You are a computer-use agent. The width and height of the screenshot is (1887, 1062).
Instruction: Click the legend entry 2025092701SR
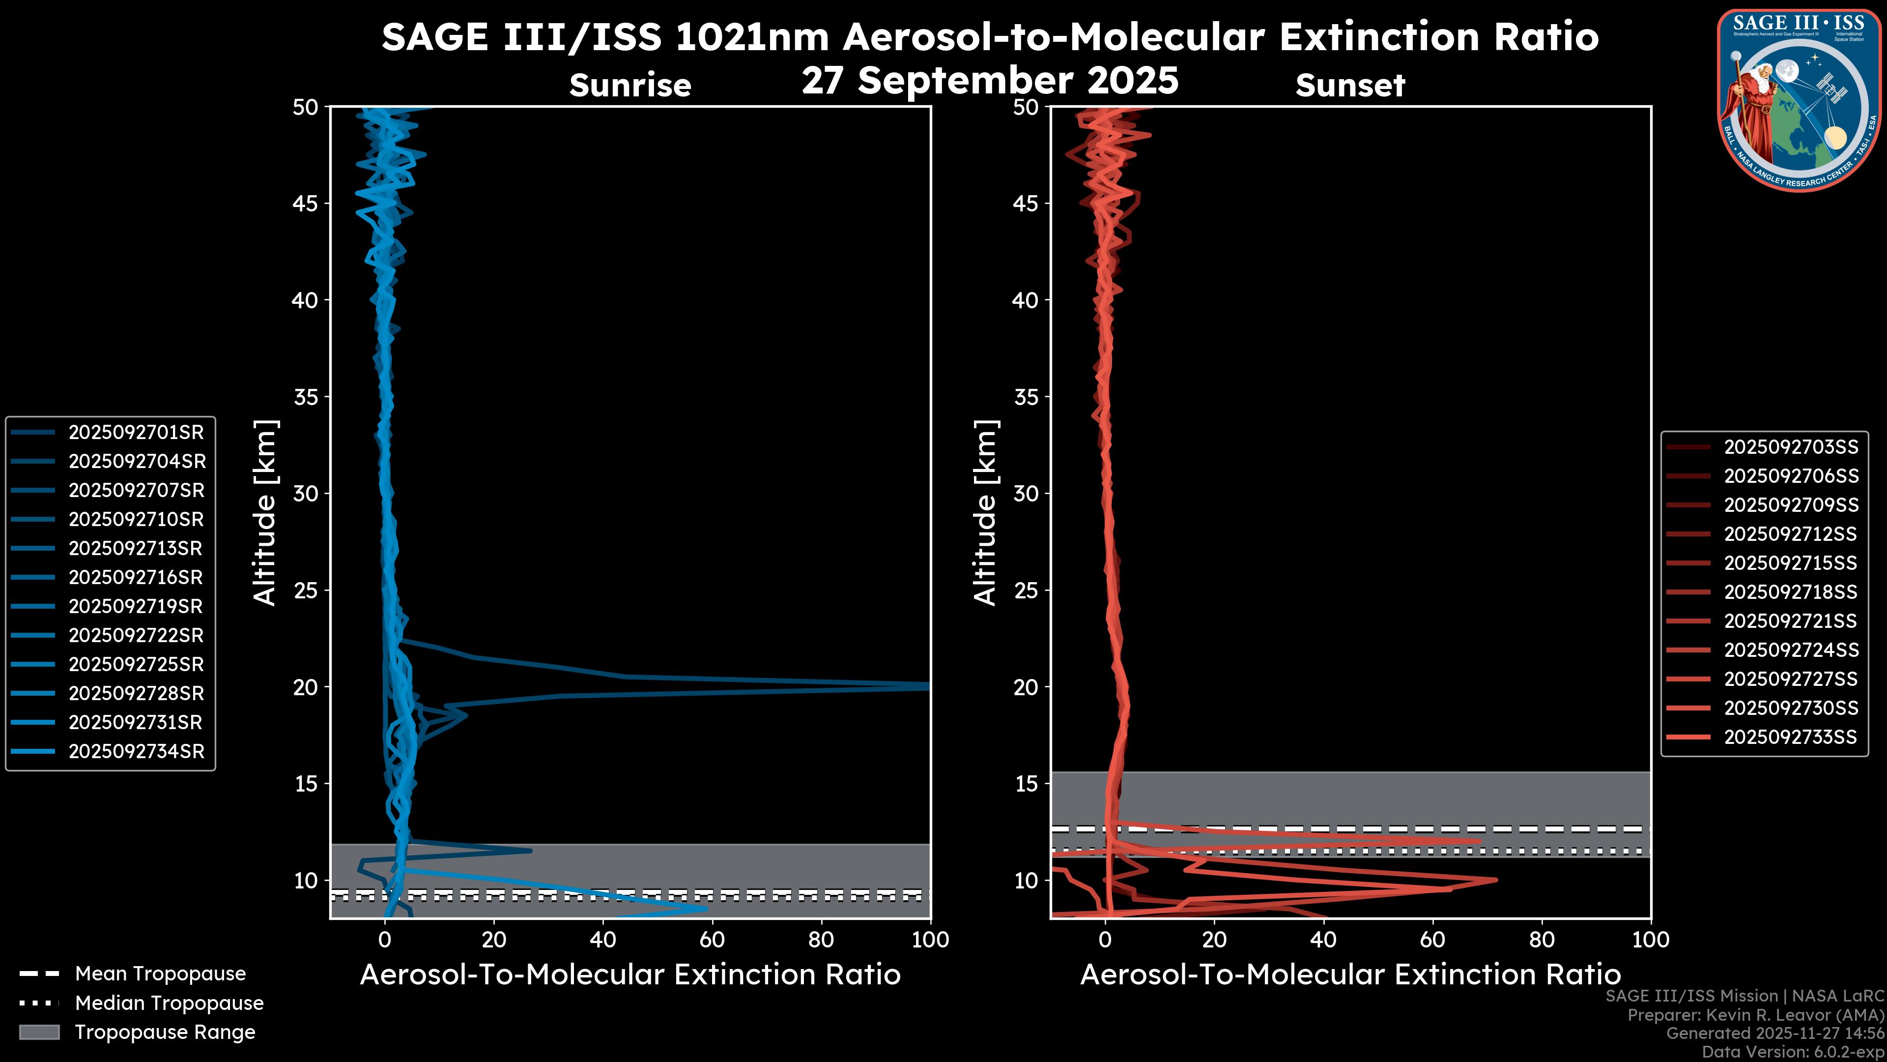(136, 433)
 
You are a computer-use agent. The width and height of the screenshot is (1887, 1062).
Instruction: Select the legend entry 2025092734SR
(136, 751)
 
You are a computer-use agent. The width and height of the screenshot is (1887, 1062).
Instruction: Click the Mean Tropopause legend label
(160, 973)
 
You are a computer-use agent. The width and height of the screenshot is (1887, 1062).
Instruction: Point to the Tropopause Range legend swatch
(39, 1032)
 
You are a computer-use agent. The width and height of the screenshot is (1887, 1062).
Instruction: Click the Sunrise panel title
(630, 86)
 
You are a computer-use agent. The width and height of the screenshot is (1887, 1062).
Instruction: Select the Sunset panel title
(1350, 86)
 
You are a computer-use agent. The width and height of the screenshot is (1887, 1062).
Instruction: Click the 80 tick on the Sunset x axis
(1542, 940)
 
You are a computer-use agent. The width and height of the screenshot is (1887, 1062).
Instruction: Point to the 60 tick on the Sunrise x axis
(712, 940)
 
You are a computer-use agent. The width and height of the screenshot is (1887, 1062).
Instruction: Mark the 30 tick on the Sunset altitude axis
(1026, 493)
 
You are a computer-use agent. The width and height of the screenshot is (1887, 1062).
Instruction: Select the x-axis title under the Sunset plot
(1350, 974)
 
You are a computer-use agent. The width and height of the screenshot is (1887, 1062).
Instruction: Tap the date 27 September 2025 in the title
(990, 80)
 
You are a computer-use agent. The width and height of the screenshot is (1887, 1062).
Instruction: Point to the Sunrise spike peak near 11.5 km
(530, 851)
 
